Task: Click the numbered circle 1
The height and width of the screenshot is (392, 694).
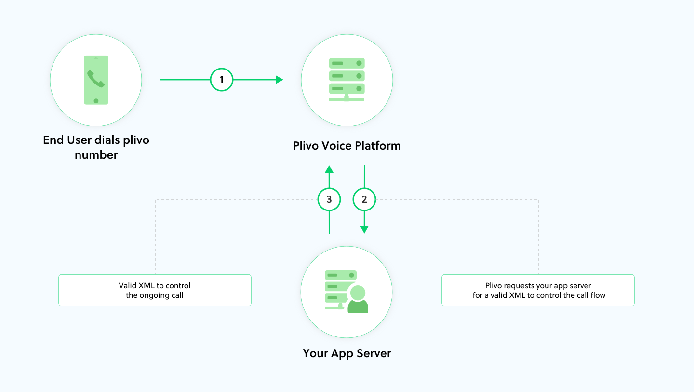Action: click(x=222, y=80)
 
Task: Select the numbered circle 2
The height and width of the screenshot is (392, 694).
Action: click(x=364, y=199)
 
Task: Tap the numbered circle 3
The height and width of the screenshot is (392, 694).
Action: click(x=329, y=199)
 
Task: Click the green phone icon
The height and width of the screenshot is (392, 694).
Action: click(x=96, y=80)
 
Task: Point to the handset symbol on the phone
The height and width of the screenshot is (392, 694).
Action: click(x=95, y=79)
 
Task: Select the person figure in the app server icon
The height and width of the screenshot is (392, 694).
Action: click(x=358, y=300)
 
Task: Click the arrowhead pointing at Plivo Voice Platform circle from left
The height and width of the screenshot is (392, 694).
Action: click(x=279, y=80)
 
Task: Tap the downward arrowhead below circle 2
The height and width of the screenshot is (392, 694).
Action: click(x=364, y=229)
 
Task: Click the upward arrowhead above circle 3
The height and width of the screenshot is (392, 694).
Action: click(x=329, y=169)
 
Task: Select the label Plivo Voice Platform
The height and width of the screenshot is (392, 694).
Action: click(x=347, y=146)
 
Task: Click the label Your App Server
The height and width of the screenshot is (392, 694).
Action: click(x=347, y=353)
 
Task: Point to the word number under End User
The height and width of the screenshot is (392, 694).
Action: click(x=96, y=155)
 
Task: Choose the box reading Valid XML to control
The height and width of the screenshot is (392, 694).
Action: click(x=155, y=290)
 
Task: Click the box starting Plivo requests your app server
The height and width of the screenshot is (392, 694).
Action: click(x=538, y=290)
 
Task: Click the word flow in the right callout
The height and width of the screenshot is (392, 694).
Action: click(x=598, y=295)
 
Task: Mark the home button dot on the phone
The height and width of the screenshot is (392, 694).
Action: click(x=96, y=100)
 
